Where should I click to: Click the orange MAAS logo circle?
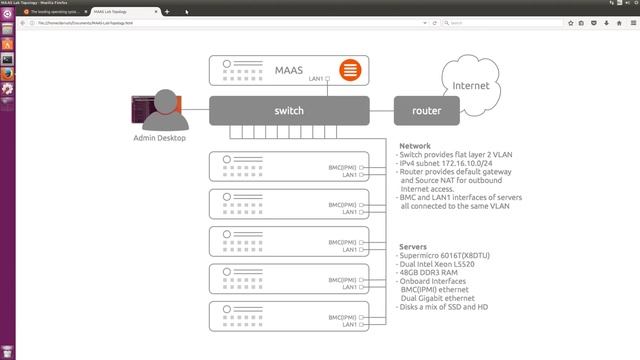(x=349, y=70)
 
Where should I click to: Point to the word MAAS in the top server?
(x=289, y=70)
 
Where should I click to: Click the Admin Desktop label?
(x=159, y=137)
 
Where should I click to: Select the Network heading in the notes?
(x=415, y=146)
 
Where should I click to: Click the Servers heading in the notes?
(x=414, y=246)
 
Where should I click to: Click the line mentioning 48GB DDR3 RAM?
(x=432, y=270)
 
